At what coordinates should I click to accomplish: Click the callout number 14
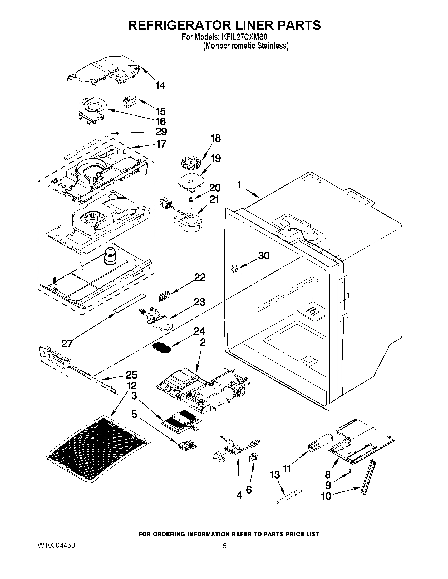point(160,85)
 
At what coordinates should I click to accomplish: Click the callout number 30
point(264,256)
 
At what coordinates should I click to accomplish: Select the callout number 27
point(67,344)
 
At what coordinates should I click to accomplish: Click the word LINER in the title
point(247,25)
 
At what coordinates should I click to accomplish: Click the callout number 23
point(199,302)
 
